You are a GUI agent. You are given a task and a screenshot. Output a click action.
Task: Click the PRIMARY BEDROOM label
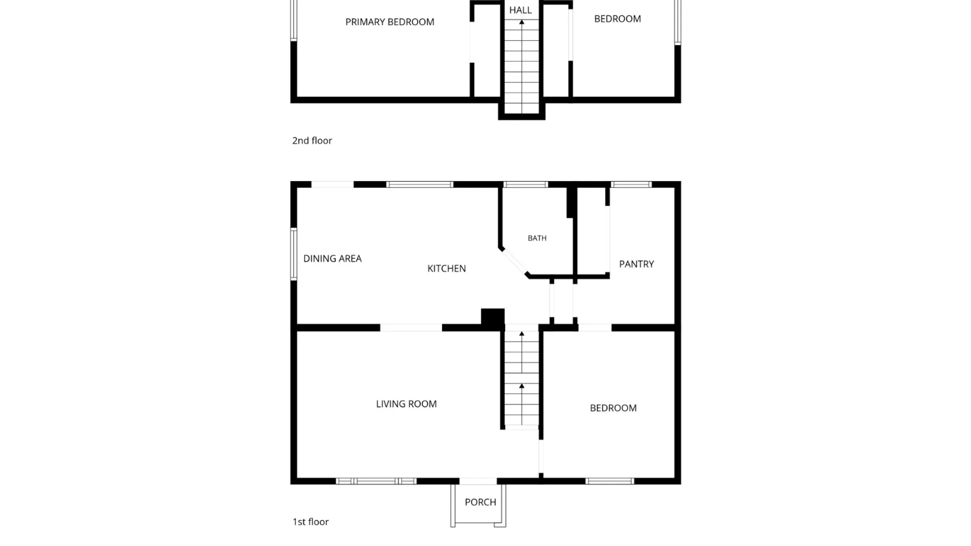point(389,22)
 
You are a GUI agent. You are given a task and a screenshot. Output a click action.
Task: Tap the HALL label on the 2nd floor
point(520,10)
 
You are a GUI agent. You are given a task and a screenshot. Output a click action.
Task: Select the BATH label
point(537,238)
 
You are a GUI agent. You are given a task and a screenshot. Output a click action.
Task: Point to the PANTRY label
point(636,264)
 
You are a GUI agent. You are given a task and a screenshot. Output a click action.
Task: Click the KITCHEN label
point(447,268)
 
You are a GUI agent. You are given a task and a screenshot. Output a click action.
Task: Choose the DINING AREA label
point(332,258)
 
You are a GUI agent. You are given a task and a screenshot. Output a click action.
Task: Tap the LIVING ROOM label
point(406,404)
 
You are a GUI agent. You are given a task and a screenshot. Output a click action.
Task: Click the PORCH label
point(480,502)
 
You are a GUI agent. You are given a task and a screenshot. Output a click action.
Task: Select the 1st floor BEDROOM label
point(613,408)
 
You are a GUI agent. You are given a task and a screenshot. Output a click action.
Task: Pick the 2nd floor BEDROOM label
point(617,19)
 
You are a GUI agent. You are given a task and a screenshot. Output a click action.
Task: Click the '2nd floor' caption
point(312,141)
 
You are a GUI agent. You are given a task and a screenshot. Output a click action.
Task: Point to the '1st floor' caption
point(311,522)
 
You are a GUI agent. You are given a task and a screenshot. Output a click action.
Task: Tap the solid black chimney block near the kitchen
point(493,318)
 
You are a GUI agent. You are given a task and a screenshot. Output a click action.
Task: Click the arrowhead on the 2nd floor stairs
point(522,22)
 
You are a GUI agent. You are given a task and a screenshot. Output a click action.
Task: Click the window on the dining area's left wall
point(293,254)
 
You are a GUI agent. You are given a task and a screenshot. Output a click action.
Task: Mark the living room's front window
point(376,481)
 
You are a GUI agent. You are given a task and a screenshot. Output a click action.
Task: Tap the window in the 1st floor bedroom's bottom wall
point(610,481)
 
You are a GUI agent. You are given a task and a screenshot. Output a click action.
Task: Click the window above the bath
point(526,185)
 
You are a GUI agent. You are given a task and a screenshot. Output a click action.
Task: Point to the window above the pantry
point(631,185)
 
